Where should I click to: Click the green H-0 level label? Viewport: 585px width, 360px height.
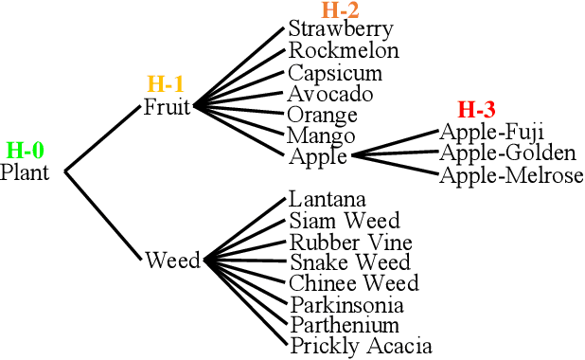[26, 150]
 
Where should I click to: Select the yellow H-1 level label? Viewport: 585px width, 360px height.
[166, 84]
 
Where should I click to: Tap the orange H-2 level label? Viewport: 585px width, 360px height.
[341, 10]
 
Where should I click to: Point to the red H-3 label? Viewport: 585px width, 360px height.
[476, 111]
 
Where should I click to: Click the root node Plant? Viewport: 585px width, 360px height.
[25, 172]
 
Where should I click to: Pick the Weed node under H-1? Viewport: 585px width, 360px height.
[172, 260]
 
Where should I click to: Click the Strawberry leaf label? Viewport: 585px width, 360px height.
[340, 29]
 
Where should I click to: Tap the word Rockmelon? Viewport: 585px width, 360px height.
[344, 50]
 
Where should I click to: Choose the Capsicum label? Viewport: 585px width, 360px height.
[335, 73]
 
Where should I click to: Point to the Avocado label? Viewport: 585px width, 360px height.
[330, 94]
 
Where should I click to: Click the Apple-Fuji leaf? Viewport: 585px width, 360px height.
[492, 133]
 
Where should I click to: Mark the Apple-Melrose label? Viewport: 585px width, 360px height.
[511, 175]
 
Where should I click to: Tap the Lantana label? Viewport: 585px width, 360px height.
[328, 200]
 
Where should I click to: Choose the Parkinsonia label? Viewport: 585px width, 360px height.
[347, 305]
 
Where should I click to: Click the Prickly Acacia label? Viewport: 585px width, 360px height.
[361, 347]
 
